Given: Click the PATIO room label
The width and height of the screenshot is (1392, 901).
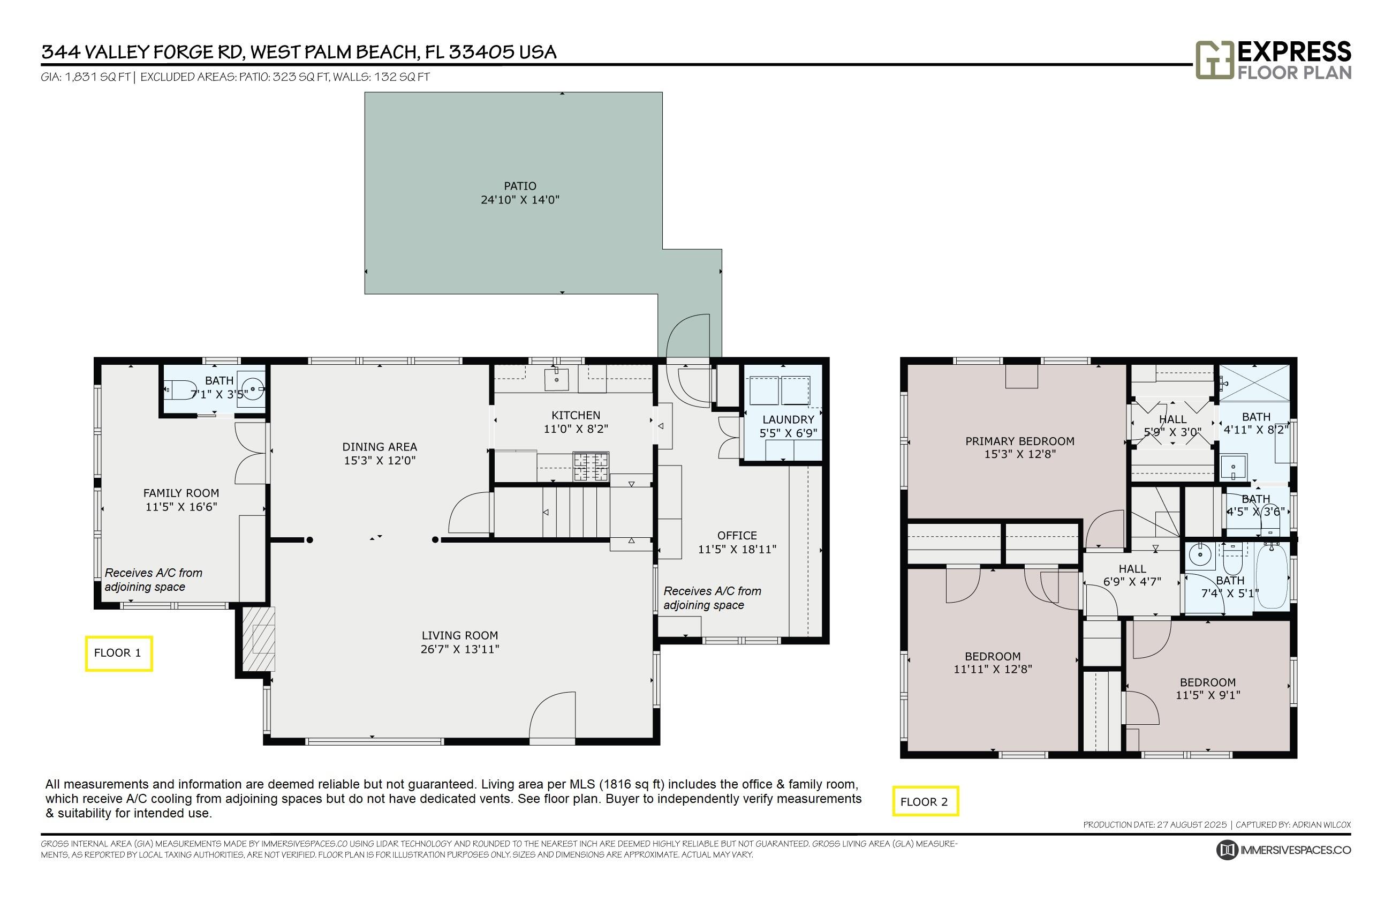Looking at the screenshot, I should coord(519,186).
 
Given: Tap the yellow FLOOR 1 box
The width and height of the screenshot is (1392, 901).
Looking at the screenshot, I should coord(118,653).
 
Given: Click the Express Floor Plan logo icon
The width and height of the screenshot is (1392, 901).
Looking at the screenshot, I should coord(1214,59).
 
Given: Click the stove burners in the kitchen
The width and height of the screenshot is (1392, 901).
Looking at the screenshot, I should coord(591,466).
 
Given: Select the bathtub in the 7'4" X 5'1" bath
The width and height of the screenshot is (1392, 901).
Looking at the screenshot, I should coord(1271,575).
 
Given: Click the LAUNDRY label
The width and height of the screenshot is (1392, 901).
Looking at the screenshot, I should coord(788,419).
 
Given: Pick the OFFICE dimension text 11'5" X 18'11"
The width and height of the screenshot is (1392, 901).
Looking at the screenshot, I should coord(737,550).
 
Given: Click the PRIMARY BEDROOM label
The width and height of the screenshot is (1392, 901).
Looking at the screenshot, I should coord(1019,441).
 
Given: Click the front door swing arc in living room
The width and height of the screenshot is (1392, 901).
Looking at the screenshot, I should coord(552,714).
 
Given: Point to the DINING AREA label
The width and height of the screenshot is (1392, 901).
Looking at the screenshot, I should coord(380,447).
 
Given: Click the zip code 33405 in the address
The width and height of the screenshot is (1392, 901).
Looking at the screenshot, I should coord(481,52).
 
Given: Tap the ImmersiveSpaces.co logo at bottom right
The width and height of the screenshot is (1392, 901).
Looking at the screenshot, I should coord(1283,850).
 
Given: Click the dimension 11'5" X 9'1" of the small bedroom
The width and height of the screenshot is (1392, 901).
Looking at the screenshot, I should coord(1207,695).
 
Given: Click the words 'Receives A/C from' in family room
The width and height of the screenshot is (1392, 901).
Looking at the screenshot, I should coord(153,573).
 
